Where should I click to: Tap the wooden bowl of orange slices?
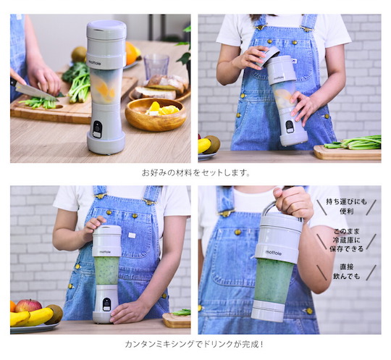point(156,114)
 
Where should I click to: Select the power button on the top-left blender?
point(98,129)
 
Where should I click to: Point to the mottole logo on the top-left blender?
point(95,63)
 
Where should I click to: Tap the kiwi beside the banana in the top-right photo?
point(213,144)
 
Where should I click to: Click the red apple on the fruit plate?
point(28,306)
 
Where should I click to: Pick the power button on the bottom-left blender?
point(106,304)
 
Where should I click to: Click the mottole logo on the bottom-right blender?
point(273,253)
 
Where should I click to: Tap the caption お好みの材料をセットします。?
point(196,172)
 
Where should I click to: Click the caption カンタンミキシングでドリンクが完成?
point(194,344)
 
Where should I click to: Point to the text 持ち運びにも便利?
point(346,206)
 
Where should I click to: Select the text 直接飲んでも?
point(347,272)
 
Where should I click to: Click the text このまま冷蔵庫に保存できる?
point(346,240)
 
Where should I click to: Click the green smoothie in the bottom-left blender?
point(106,271)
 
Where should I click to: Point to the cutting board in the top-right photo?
point(347,152)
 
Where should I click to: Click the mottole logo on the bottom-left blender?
point(105,252)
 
